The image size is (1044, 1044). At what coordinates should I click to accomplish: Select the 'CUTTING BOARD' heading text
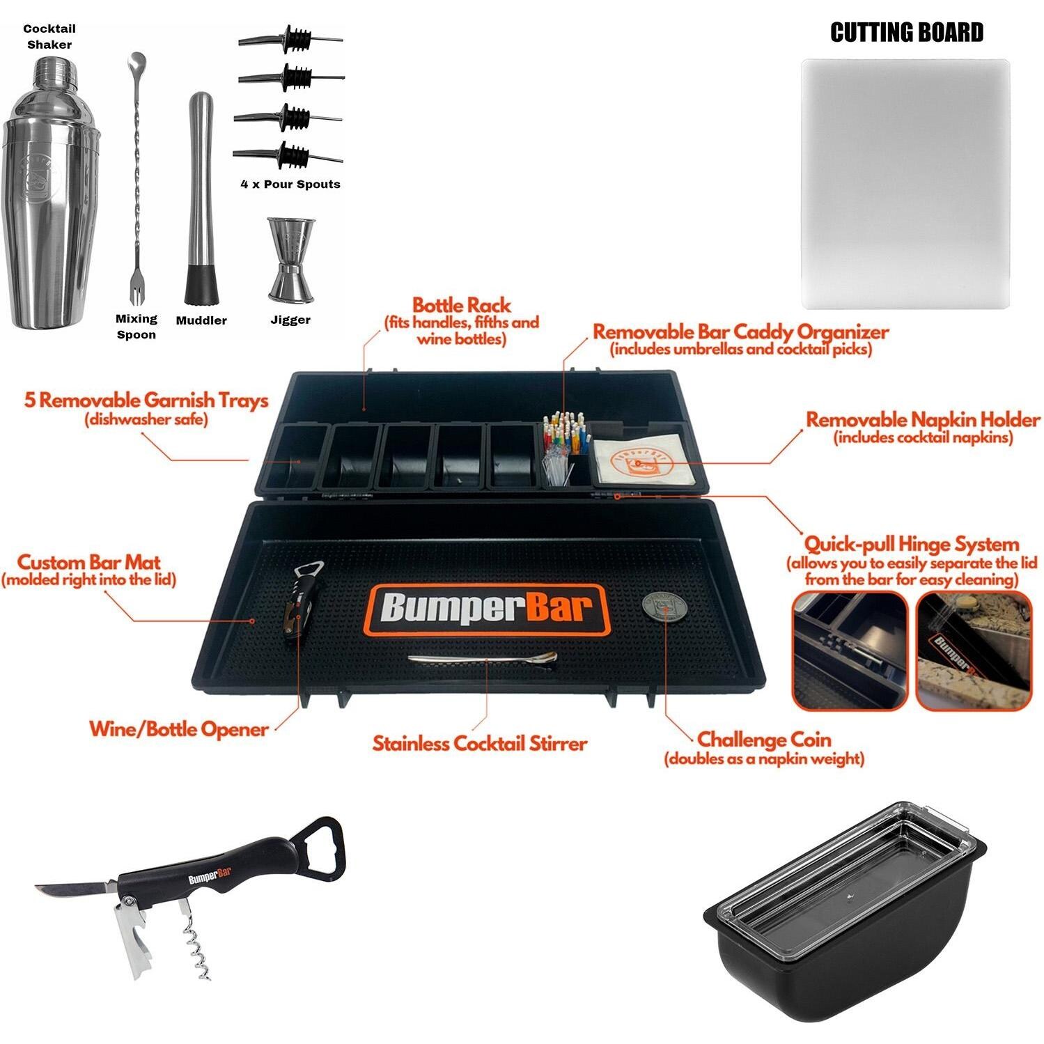pyautogui.click(x=906, y=33)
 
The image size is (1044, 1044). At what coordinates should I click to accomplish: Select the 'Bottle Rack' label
pyautogui.click(x=462, y=306)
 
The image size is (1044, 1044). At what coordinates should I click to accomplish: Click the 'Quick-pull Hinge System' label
pyautogui.click(x=911, y=544)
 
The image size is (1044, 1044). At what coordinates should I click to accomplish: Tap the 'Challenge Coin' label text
pyautogui.click(x=764, y=739)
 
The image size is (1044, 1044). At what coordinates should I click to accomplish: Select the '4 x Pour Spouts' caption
pyautogui.click(x=290, y=185)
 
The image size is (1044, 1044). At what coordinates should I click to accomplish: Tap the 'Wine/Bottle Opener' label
pyautogui.click(x=179, y=729)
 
